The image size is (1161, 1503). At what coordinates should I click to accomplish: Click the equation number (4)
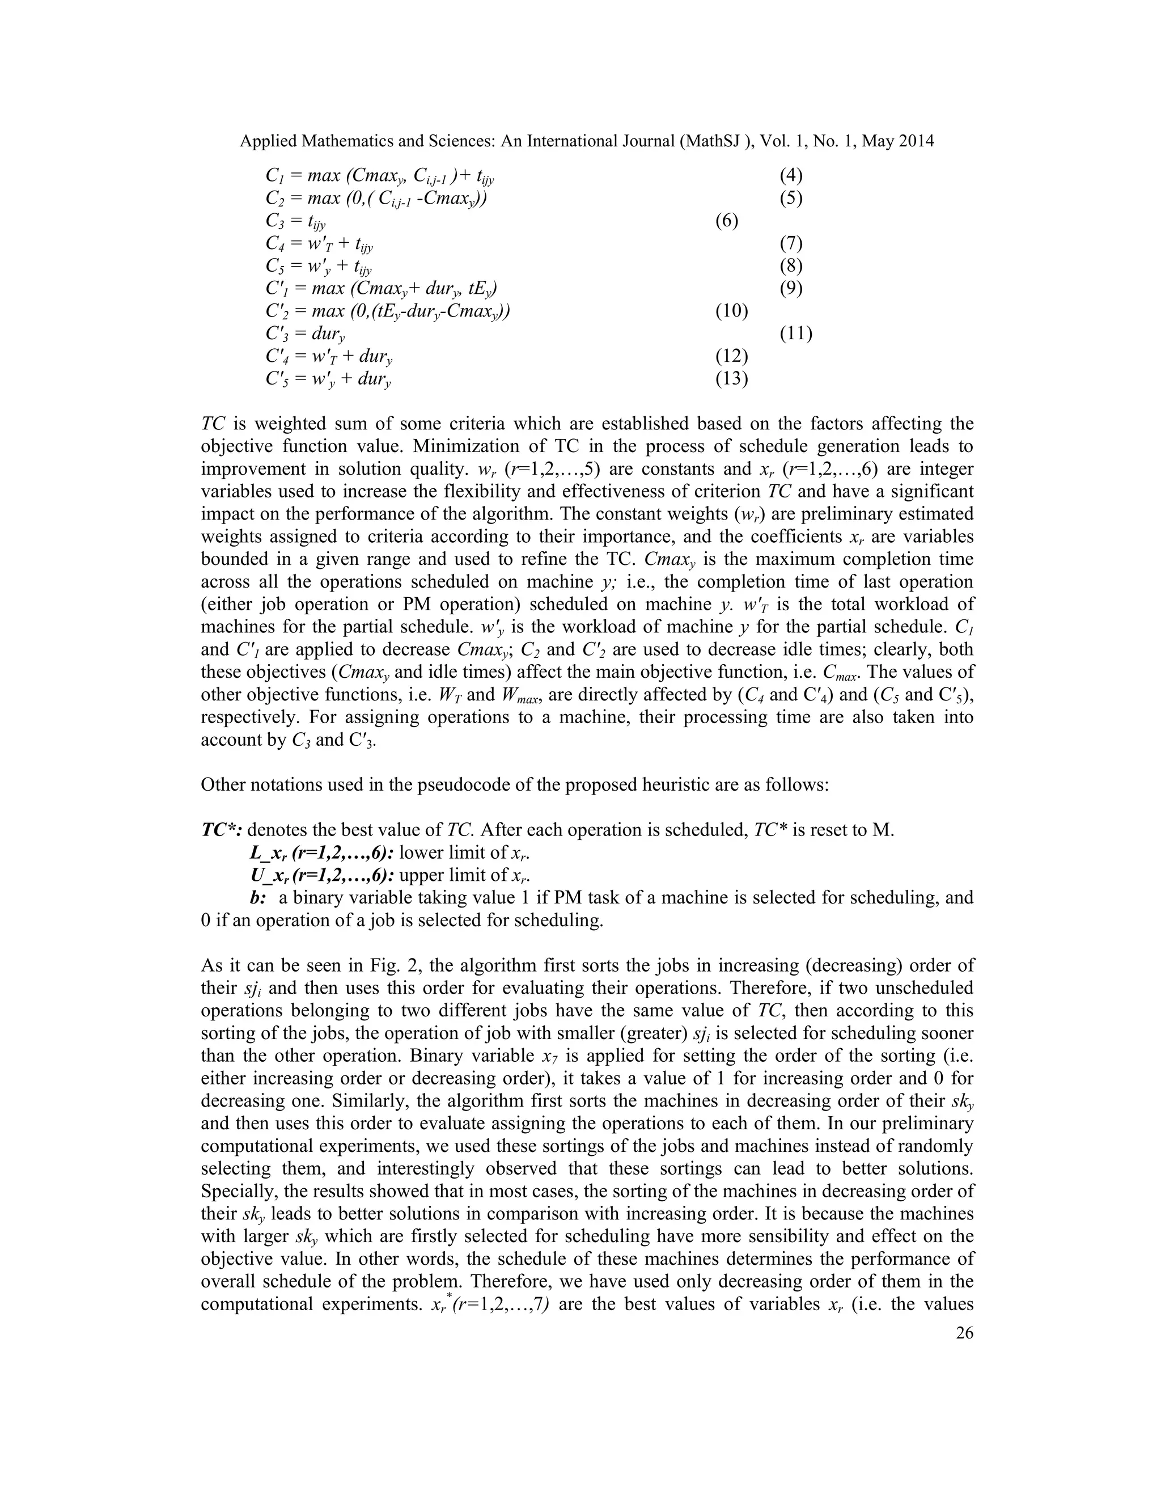pyautogui.click(x=791, y=175)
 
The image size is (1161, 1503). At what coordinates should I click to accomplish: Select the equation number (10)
pyautogui.click(x=731, y=311)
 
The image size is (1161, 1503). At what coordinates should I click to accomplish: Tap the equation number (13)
pyautogui.click(x=731, y=378)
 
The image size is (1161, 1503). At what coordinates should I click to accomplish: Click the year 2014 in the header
pyautogui.click(x=916, y=141)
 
